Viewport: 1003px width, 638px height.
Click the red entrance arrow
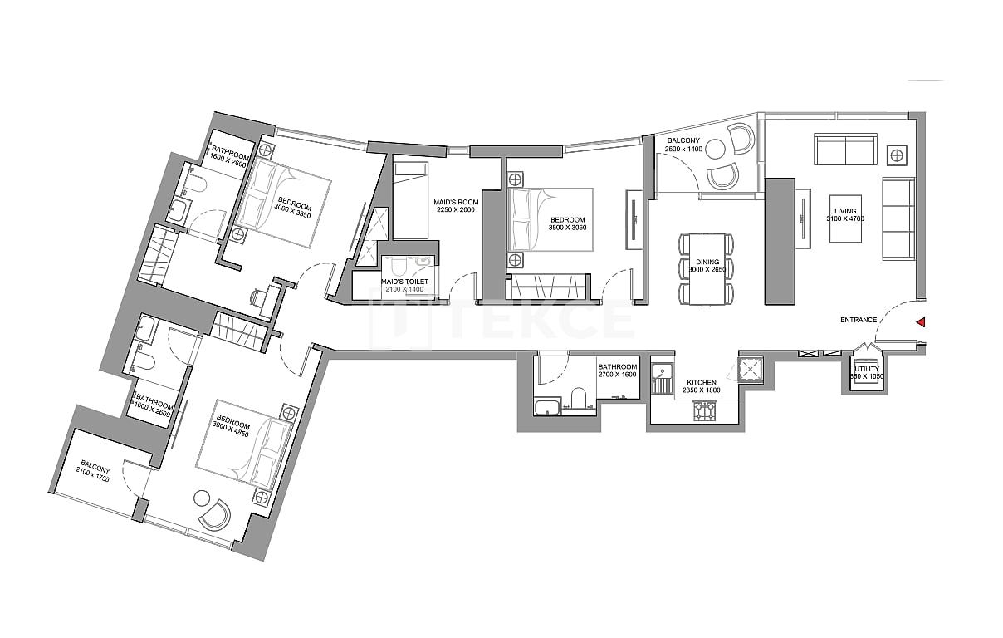pyautogui.click(x=920, y=322)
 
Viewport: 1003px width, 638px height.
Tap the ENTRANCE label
pyautogui.click(x=859, y=320)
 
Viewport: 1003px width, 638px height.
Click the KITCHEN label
pyautogui.click(x=702, y=383)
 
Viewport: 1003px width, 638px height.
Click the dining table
pyautogui.click(x=707, y=268)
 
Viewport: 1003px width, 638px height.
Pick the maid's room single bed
pyautogui.click(x=409, y=199)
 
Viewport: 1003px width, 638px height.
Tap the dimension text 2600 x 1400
pyautogui.click(x=684, y=149)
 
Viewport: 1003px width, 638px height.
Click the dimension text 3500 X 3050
pyautogui.click(x=568, y=228)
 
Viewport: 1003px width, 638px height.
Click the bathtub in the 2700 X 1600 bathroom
pyautogui.click(x=548, y=406)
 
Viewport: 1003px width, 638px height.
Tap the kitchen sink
pyautogui.click(x=663, y=385)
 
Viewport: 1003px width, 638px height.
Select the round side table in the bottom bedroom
pyautogui.click(x=202, y=498)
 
